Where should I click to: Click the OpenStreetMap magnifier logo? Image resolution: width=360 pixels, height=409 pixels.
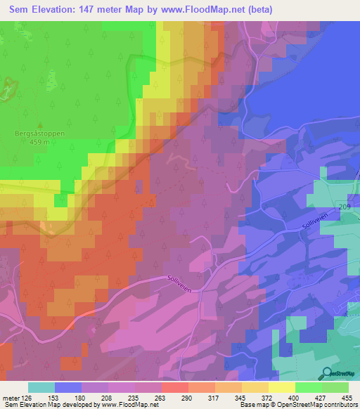[x=326, y=374]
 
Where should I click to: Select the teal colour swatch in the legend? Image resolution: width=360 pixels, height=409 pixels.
[x=41, y=387]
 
